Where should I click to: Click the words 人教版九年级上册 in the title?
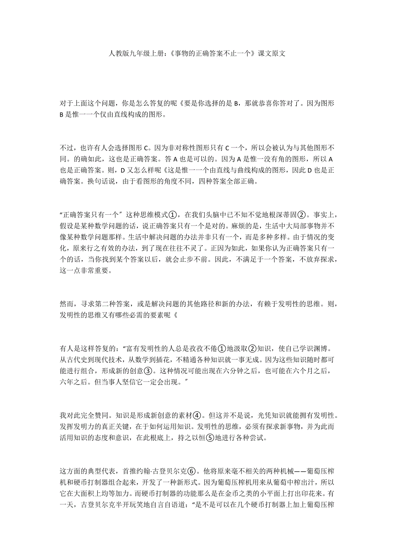[135, 54]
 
